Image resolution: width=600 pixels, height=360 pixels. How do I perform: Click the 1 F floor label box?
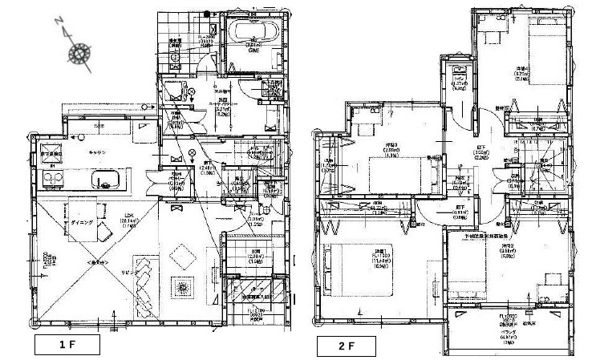coord(67,346)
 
